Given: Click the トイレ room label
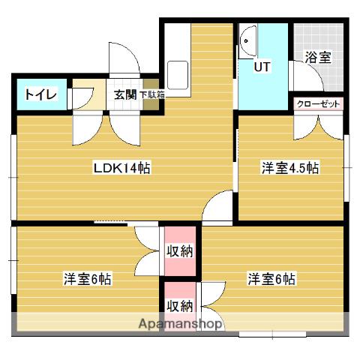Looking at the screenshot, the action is (41, 94).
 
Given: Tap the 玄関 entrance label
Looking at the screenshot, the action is (125, 94).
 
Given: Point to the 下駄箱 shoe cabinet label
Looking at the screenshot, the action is (152, 95).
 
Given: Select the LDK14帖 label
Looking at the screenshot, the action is (121, 168).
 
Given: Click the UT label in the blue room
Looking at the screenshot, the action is (262, 67).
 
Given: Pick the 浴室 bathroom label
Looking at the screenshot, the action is (318, 57).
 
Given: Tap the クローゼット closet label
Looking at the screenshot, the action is (318, 103).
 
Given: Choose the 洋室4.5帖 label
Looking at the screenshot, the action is (290, 168).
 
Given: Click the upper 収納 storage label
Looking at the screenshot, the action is (180, 251).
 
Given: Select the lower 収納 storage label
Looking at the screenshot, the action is (180, 305).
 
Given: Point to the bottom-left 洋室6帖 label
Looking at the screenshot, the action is (87, 279).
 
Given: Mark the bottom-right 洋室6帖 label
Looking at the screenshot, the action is (271, 279).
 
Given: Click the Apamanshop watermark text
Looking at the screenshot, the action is (180, 324).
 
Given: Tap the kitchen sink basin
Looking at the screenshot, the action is (178, 75).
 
